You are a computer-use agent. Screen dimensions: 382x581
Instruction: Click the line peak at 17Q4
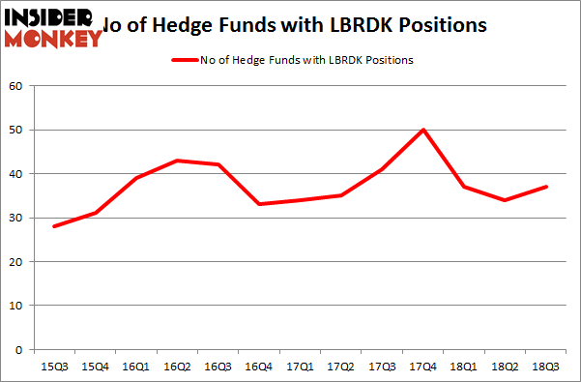click(x=423, y=130)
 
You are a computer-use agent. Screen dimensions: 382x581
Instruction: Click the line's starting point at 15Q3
click(x=54, y=226)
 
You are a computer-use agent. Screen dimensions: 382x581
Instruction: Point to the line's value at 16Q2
click(x=177, y=161)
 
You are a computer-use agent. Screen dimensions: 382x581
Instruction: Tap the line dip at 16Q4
click(x=259, y=204)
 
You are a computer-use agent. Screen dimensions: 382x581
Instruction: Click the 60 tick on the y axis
click(x=15, y=86)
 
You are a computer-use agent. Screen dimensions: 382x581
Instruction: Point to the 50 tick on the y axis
click(x=15, y=130)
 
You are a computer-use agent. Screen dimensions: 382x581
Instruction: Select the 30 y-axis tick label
click(x=15, y=218)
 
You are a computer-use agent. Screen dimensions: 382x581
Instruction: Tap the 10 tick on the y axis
click(x=15, y=306)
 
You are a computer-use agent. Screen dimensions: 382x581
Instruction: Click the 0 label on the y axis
click(x=18, y=349)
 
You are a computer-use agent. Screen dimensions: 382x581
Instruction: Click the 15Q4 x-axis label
click(x=95, y=367)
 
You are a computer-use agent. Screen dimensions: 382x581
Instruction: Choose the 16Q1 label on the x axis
click(x=136, y=367)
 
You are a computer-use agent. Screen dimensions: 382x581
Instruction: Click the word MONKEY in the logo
click(x=54, y=39)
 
